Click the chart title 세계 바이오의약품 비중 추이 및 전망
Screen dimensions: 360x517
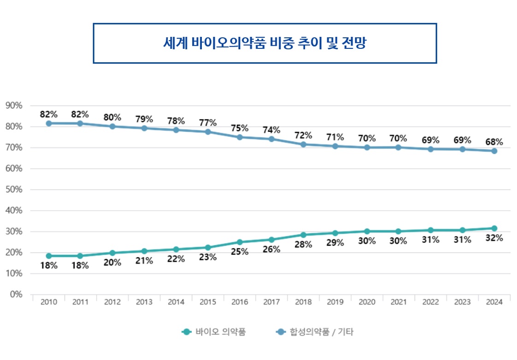264,43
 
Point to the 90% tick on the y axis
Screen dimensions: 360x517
14,106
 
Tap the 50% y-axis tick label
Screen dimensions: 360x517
14,189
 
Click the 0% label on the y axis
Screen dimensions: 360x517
16,294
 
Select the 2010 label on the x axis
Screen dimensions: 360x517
48,302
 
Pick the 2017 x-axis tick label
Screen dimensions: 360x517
271,302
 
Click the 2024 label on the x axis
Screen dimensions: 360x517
494,302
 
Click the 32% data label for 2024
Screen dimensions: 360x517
494,238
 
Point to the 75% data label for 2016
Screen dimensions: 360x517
240,128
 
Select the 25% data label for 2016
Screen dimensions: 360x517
240,252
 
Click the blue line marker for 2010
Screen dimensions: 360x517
48,123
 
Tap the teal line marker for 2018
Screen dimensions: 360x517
303,235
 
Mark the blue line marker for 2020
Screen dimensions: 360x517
367,148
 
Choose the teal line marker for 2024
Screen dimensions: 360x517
494,228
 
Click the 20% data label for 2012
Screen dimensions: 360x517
112,263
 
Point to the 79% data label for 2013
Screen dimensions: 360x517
144,119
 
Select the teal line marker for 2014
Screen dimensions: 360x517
176,249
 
